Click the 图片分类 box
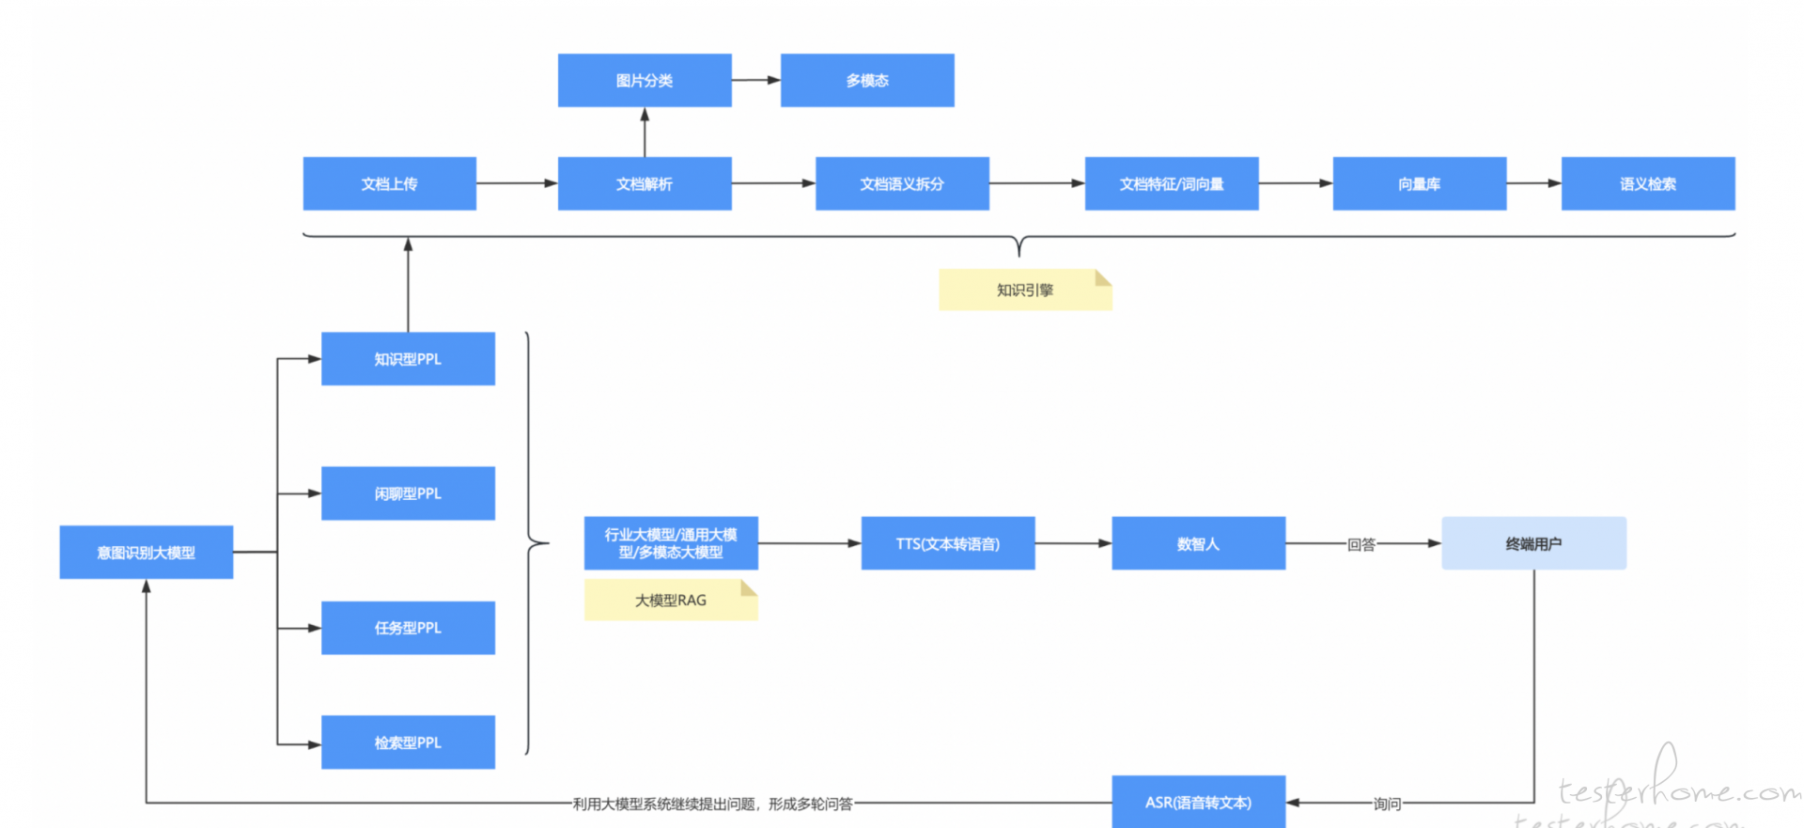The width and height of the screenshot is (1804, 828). coord(645,80)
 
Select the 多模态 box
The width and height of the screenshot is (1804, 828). coord(867,80)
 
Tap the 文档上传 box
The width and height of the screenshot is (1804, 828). coord(389,183)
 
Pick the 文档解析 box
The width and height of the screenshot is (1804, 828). coord(645,183)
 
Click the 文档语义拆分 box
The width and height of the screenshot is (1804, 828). coord(902,183)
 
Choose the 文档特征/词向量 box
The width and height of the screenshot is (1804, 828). coord(1172,183)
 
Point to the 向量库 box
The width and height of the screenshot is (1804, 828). coord(1420,183)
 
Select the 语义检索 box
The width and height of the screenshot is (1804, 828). coord(1648,183)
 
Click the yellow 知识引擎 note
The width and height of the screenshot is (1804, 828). coord(1025,289)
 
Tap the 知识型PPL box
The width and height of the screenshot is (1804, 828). coord(408,358)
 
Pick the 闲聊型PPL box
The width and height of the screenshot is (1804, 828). coord(408,493)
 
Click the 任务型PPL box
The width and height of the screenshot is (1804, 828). coord(408,628)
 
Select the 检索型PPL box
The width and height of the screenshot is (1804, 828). coord(408,742)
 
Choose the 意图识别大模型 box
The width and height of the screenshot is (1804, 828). coord(146,552)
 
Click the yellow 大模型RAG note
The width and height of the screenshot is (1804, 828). coord(671,600)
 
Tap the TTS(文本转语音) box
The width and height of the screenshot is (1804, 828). coord(948,543)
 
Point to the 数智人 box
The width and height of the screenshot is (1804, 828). coord(1198,543)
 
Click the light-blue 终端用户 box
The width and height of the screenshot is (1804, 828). coord(1533,543)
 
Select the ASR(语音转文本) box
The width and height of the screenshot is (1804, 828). coord(1198,802)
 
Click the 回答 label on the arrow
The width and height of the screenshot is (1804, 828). coord(1361,544)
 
